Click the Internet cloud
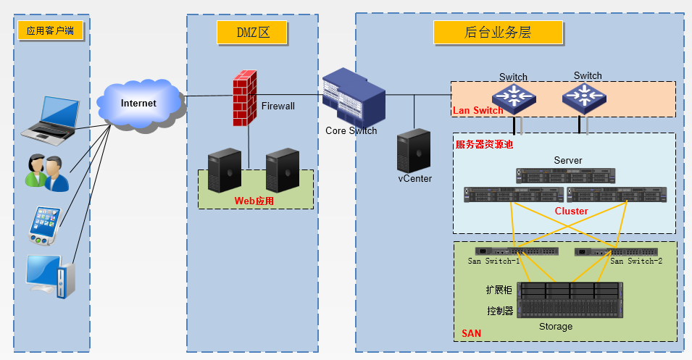(139, 104)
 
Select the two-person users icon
(47, 172)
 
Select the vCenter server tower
(414, 150)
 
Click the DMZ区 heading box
(252, 33)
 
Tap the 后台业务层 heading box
(498, 33)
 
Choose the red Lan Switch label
(478, 111)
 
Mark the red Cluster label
(571, 211)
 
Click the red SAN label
(471, 333)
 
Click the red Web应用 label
(254, 201)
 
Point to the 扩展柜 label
(499, 290)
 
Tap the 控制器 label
(499, 311)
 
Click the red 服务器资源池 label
(483, 144)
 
